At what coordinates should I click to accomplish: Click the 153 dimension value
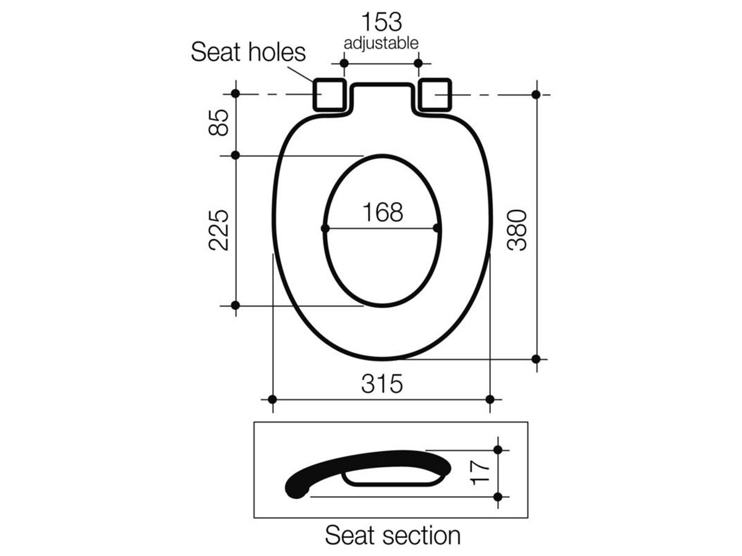(x=382, y=22)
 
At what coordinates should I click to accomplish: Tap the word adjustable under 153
(x=382, y=43)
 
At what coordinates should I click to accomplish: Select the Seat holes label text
(x=248, y=52)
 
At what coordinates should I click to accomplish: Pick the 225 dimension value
(x=219, y=230)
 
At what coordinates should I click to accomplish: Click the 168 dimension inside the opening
(x=382, y=213)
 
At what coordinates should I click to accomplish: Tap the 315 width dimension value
(x=382, y=384)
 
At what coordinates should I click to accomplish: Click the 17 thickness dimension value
(x=481, y=473)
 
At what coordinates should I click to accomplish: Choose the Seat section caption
(x=393, y=535)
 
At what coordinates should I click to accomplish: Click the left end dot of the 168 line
(x=325, y=229)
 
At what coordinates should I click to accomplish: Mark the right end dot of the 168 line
(x=438, y=229)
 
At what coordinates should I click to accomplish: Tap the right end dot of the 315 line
(x=490, y=400)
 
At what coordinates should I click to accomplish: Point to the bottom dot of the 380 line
(x=536, y=359)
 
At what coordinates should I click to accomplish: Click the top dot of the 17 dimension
(x=498, y=450)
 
